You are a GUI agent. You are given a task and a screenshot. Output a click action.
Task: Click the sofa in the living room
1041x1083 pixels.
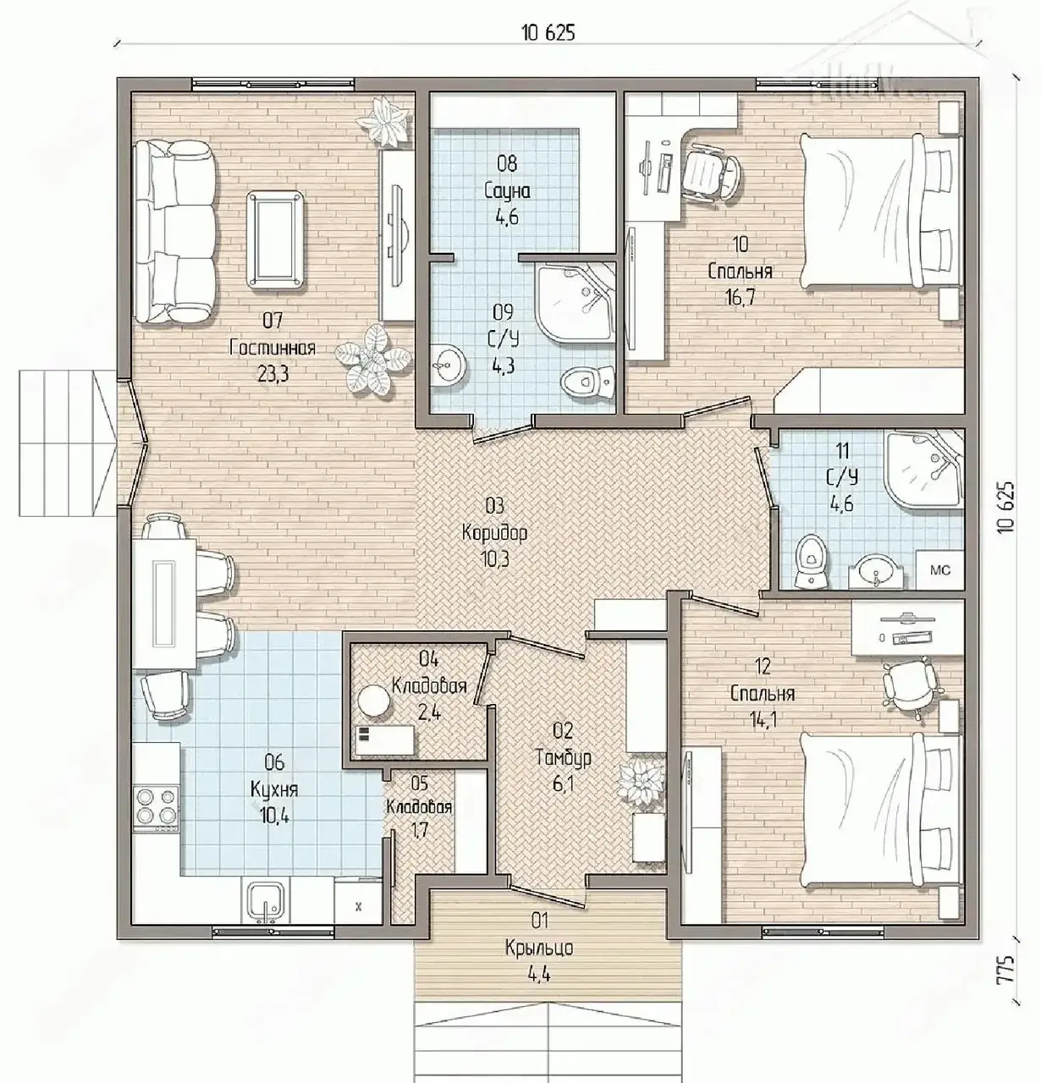(x=175, y=232)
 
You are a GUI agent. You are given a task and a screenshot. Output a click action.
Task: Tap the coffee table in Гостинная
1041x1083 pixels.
(x=276, y=239)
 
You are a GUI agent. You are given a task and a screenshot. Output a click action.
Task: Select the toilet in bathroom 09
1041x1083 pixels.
(x=587, y=382)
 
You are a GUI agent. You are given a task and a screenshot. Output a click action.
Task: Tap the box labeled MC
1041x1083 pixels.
(x=939, y=570)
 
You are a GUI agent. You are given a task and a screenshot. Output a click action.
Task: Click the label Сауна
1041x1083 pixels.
(x=507, y=191)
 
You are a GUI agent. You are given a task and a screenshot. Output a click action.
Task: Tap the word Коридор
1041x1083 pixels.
(x=494, y=533)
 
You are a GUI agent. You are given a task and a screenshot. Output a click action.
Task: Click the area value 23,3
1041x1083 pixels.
(x=273, y=374)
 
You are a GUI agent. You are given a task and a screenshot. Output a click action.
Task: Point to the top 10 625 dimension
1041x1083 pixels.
(x=548, y=33)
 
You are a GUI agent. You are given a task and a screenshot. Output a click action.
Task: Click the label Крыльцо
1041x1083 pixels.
(x=539, y=948)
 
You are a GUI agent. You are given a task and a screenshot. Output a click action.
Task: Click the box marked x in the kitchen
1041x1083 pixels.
(x=358, y=906)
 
